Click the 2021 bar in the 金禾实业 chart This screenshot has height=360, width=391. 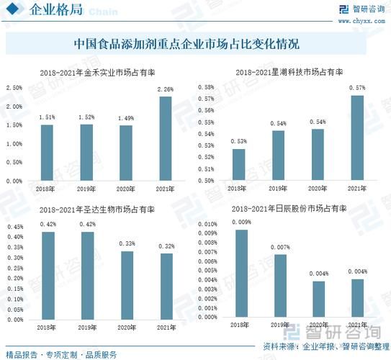click(166, 138)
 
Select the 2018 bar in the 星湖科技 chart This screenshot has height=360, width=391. click(238, 164)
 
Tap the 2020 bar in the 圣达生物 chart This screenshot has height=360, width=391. click(126, 284)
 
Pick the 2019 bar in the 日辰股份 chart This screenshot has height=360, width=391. click(280, 285)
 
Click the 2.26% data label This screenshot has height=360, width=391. click(166, 90)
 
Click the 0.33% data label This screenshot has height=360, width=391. click(126, 244)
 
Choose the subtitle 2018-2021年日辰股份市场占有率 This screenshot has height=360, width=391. click(289, 209)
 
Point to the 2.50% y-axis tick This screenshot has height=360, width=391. click(14, 88)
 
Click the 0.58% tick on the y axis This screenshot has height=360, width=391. click(205, 87)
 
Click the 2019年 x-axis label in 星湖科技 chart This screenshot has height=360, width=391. click(280, 189)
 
